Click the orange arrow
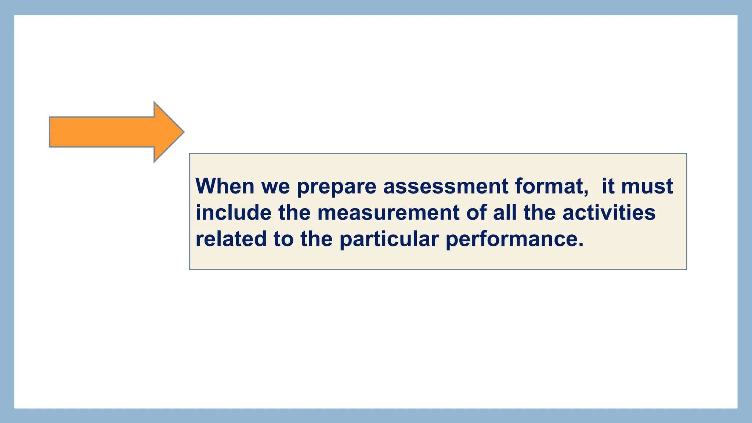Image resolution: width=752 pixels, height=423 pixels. [110, 132]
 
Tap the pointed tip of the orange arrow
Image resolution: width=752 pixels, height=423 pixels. [182, 132]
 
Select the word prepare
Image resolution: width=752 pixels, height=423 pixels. [336, 187]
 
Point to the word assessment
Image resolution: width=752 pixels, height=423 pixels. [445, 186]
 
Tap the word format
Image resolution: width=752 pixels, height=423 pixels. [549, 186]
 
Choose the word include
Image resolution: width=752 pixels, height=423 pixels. [234, 213]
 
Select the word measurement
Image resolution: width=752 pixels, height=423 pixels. [388, 213]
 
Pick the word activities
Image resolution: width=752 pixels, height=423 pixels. [609, 213]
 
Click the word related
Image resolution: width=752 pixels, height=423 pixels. [231, 239]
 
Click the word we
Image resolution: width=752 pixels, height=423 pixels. [275, 187]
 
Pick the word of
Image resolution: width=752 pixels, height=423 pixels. [476, 213]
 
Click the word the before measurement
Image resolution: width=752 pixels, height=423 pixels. [294, 213]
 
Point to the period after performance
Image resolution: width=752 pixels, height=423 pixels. [581, 245]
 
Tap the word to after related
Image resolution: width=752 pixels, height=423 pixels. [283, 239]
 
